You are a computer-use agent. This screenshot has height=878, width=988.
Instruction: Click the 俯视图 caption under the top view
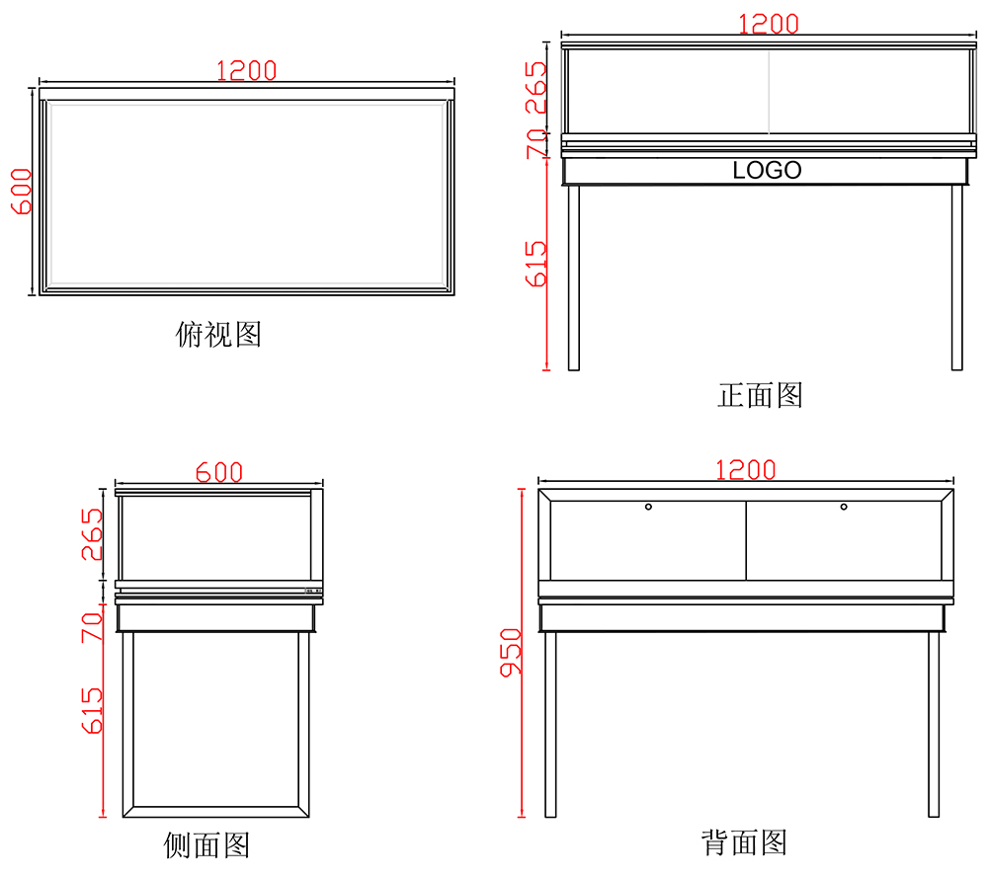[218, 335]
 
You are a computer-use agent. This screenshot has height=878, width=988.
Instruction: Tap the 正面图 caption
[760, 395]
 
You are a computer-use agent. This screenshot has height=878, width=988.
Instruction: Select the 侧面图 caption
[206, 845]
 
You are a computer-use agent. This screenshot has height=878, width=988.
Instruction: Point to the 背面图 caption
[744, 842]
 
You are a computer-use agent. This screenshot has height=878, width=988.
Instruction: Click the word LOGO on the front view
[767, 171]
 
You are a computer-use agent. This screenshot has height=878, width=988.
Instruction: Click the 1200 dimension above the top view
[246, 71]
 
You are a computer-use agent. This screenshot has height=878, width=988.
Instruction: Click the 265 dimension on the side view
[91, 534]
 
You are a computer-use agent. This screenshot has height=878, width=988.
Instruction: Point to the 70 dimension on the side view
[91, 627]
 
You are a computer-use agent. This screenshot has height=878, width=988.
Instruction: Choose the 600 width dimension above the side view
[218, 473]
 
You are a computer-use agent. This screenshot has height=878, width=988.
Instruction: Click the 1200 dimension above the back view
[745, 470]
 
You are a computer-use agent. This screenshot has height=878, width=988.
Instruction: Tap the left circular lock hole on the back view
[648, 507]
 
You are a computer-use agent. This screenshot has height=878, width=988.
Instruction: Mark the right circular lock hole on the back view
[844, 507]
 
